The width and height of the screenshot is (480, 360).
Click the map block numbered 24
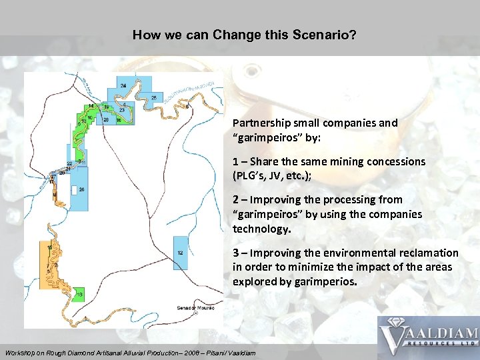coord(123,86)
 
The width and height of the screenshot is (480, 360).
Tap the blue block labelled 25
coord(154,99)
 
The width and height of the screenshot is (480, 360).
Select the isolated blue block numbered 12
coord(180,253)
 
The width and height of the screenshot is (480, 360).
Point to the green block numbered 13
coord(79,294)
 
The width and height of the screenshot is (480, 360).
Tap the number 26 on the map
coord(81,190)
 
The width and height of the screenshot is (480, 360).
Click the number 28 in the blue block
coord(106,119)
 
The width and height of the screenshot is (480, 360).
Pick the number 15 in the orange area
coord(50,247)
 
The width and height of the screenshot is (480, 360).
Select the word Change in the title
coord(236,35)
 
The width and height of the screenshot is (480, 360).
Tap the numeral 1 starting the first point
coord(236,162)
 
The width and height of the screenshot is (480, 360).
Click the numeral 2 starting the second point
coord(236,200)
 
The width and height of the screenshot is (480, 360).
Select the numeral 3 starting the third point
coord(236,253)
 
